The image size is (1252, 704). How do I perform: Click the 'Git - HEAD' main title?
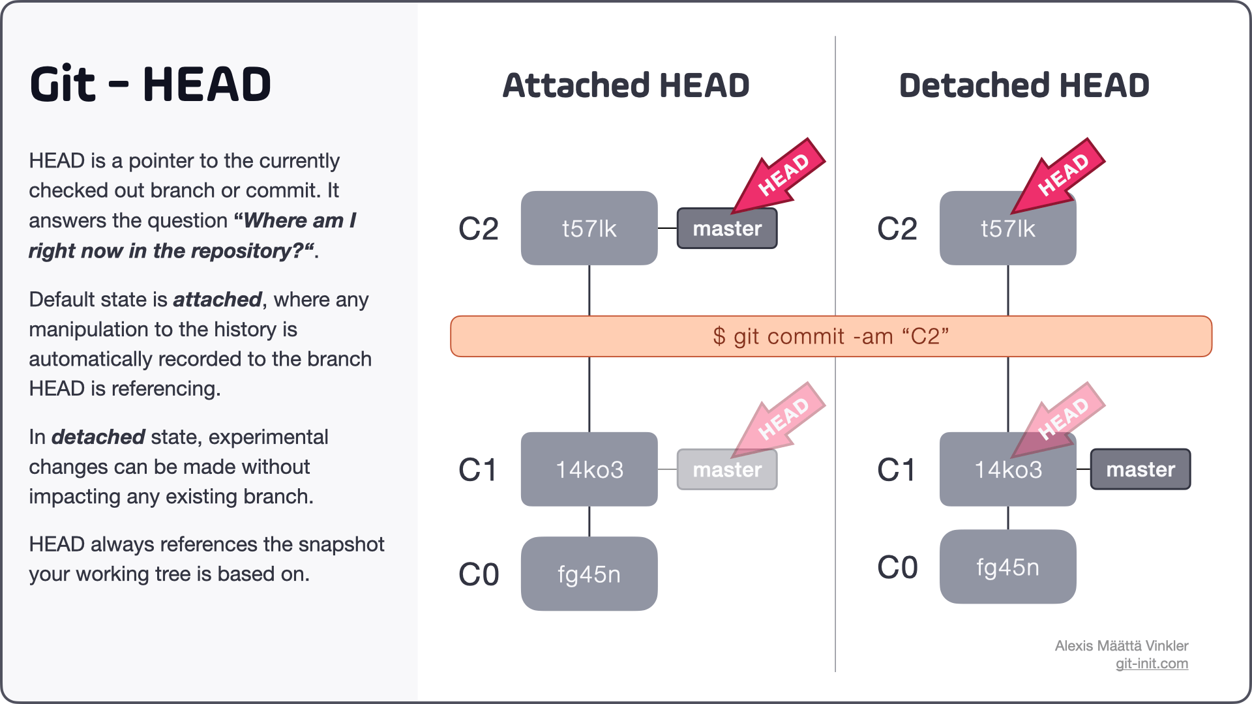(150, 85)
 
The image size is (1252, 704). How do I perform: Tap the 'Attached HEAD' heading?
(626, 85)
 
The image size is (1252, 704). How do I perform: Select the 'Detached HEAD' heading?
(1024, 85)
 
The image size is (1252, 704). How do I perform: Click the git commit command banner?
(831, 336)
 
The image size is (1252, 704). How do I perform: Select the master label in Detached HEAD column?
(1140, 469)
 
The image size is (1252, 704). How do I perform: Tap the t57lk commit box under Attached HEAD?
(589, 228)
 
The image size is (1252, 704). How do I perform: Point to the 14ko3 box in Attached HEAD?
(589, 469)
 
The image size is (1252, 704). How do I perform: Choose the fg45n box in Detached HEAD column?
(1007, 567)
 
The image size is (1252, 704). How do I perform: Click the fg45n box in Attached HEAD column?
(589, 574)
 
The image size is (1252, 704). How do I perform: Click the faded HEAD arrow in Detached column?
(1060, 420)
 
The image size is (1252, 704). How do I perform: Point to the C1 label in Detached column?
(897, 470)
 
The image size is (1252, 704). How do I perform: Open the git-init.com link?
(1152, 664)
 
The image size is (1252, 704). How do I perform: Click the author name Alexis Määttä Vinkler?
(1121, 646)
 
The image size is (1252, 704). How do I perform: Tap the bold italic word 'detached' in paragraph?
(98, 437)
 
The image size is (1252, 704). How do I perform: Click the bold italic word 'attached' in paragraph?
(217, 300)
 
